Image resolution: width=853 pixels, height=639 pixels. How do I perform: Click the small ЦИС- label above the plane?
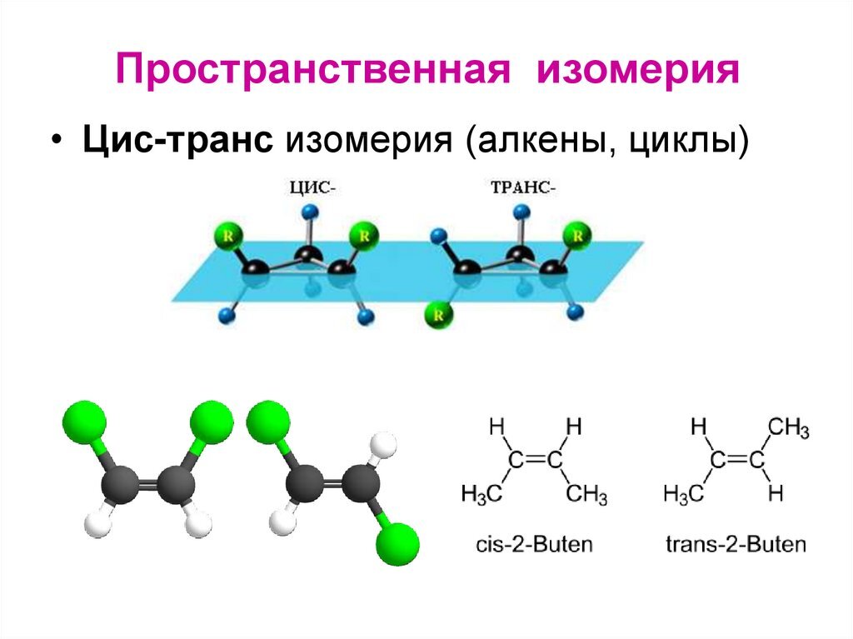pos(312,188)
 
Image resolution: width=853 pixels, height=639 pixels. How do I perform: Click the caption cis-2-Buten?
pos(534,546)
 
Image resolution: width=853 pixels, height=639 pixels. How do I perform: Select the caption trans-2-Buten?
pos(736,546)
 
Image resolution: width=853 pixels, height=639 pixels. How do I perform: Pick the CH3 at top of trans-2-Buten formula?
pos(788,429)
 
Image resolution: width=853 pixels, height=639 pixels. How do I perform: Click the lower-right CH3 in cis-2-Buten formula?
pos(587,495)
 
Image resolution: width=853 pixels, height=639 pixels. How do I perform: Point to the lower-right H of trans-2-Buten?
pos(776,495)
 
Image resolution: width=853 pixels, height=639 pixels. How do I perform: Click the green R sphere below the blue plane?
pos(436,316)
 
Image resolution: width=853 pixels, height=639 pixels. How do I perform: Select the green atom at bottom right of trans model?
pos(397,546)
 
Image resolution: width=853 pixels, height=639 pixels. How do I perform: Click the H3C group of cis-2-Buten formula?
pos(481,495)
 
